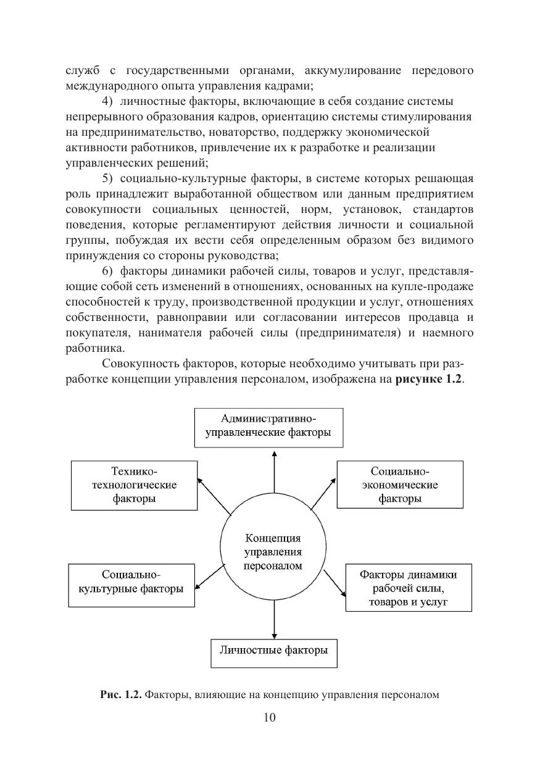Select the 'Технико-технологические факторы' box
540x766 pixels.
point(134,485)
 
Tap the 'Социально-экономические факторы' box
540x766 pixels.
point(400,485)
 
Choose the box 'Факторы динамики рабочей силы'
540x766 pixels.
point(408,588)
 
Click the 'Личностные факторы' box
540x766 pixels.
point(274,650)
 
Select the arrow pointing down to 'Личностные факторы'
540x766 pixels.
point(274,617)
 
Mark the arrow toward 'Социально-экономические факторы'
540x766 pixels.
point(324,494)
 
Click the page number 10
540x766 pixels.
point(270,717)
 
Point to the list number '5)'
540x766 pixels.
point(107,179)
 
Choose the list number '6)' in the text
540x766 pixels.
point(107,270)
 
